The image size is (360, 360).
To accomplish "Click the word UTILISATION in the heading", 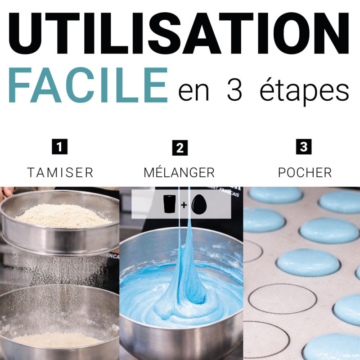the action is pos(179,33).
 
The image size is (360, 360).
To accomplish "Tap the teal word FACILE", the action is pos(88,85).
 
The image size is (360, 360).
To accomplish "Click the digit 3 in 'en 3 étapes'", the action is pos(234,90).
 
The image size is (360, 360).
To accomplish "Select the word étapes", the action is pos(305,91).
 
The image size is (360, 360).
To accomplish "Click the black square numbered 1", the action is pos(60,147).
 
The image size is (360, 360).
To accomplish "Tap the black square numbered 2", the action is pos(180,148).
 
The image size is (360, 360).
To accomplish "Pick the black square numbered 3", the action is pos(304,147).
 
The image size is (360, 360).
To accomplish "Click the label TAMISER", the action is pos(60,173).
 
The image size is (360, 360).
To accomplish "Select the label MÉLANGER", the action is pos(179,171).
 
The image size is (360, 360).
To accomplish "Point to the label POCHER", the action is pos(305,173).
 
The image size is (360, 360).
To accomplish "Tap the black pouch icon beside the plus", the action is pos(170,204).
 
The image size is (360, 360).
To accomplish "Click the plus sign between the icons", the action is pos(184,205).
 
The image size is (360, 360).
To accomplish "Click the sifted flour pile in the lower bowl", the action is pos(58,340).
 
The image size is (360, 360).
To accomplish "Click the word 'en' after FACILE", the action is pos(193,92).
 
